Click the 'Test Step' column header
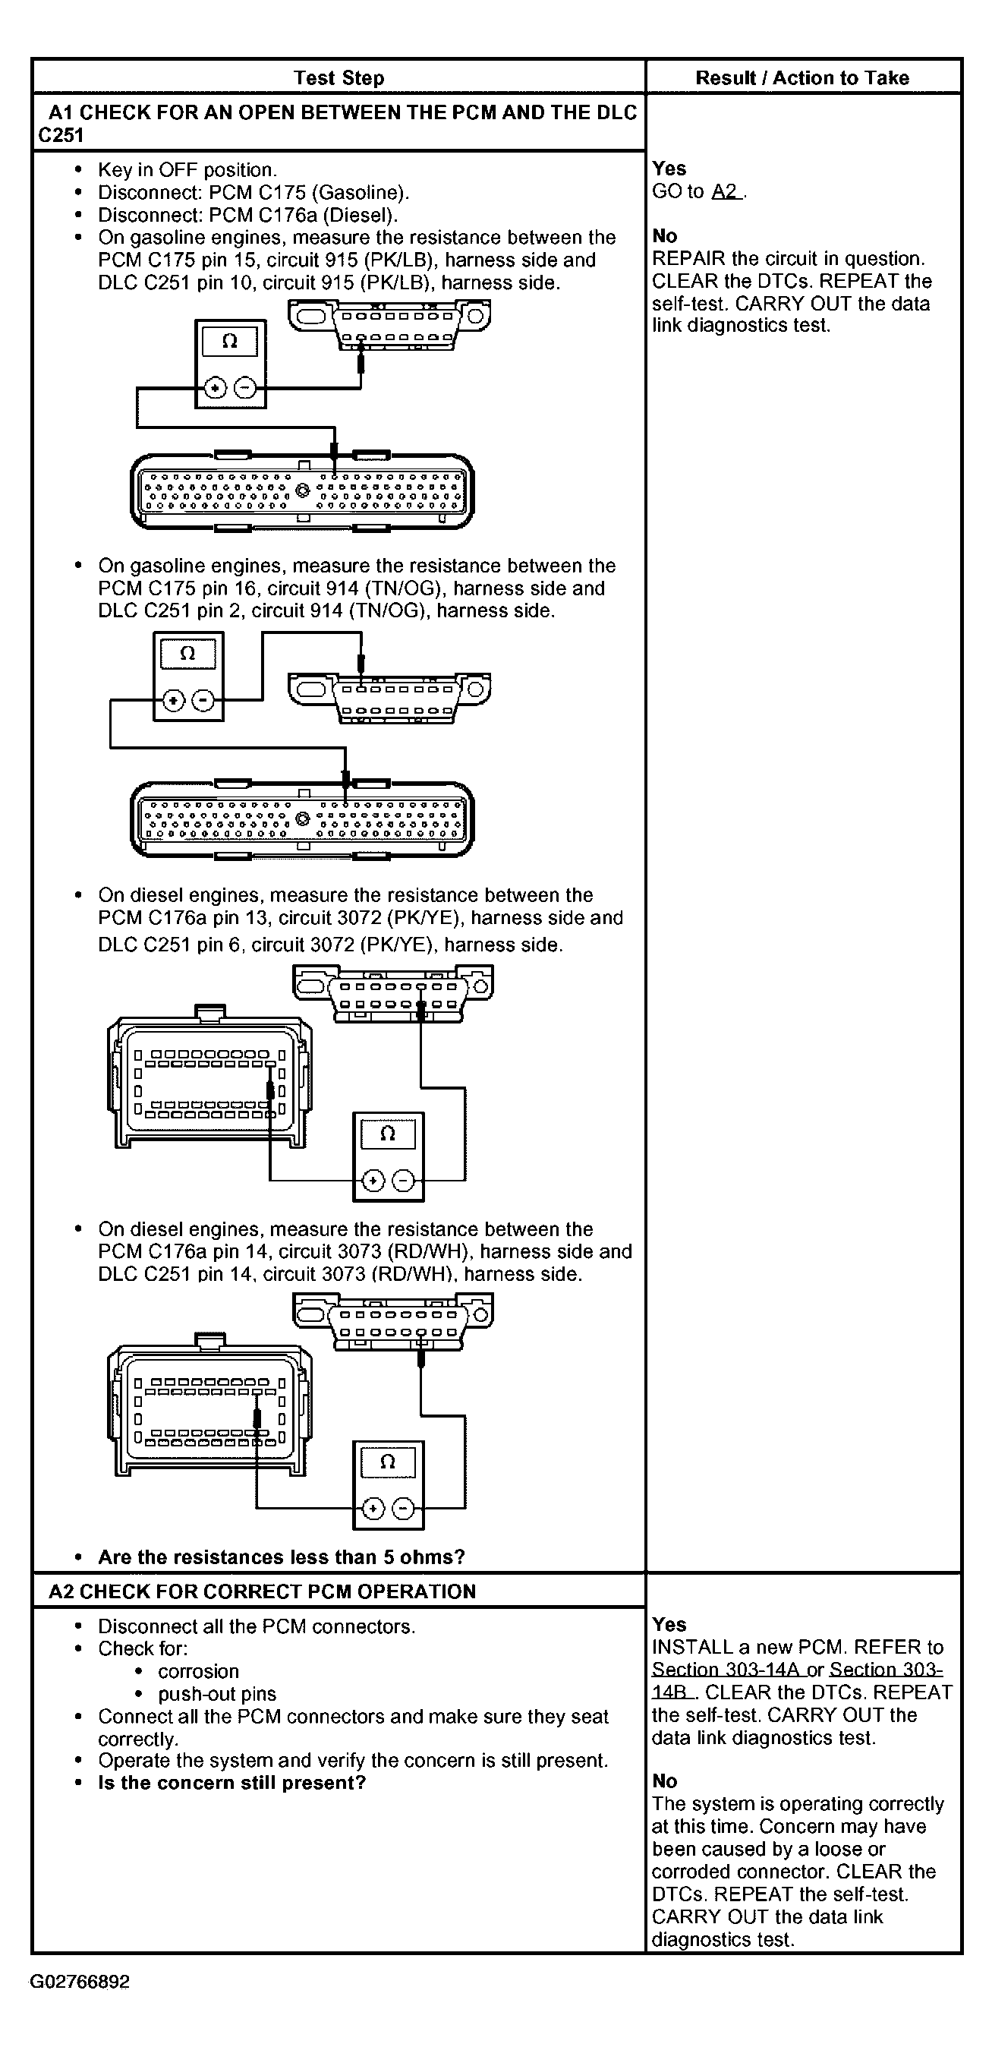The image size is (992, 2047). [x=339, y=78]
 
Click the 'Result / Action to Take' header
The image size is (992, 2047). [x=802, y=78]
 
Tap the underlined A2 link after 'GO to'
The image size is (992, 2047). [x=725, y=191]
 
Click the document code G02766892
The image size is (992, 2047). [x=80, y=1981]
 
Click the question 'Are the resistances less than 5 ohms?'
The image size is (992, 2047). [x=281, y=1557]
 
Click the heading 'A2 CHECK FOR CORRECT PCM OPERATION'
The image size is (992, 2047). [x=262, y=1591]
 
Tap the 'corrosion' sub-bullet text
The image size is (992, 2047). [x=199, y=1671]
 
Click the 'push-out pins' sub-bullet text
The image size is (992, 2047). [x=217, y=1693]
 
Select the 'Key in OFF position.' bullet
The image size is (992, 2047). [x=187, y=170]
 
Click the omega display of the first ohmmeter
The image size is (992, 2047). [x=229, y=342]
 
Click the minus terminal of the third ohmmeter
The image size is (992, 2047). [x=404, y=1181]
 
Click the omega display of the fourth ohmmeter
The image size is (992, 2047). [x=388, y=1462]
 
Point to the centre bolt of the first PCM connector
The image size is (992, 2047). [x=302, y=490]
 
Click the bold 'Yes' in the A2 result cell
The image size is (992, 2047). [x=669, y=1624]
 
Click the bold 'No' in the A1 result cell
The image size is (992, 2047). [x=665, y=236]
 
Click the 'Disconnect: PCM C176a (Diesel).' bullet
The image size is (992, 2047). [x=247, y=215]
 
